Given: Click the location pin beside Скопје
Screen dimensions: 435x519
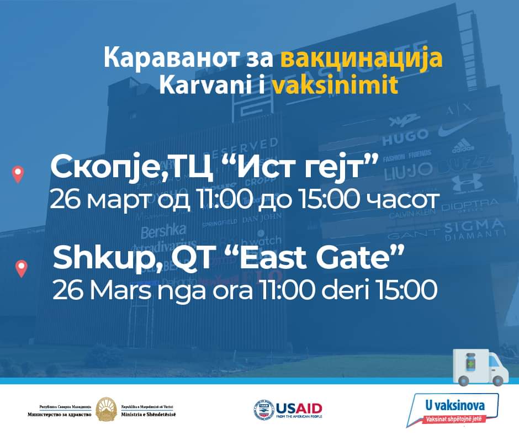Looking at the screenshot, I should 18,174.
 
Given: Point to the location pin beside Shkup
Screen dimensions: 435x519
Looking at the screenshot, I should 21,269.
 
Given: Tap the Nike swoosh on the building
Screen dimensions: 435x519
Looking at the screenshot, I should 458,130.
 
